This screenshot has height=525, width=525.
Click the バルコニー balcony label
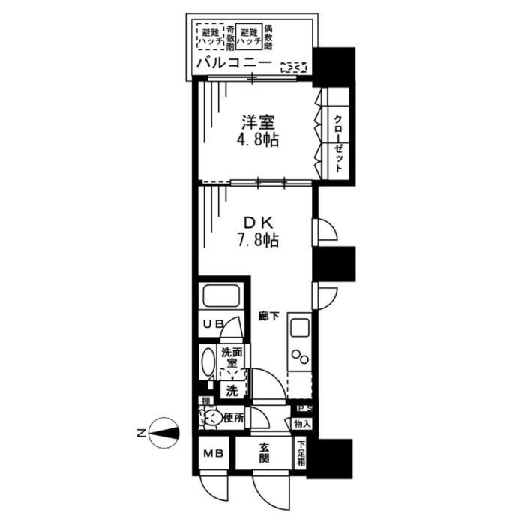click(233, 64)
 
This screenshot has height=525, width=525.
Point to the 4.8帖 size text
click(257, 140)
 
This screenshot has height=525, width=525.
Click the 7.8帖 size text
click(257, 241)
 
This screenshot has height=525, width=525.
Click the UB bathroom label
click(212, 325)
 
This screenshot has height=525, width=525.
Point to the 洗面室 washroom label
click(231, 358)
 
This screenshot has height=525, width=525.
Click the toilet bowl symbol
click(211, 417)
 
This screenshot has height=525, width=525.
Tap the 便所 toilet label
click(233, 418)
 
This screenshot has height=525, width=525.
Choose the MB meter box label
click(213, 454)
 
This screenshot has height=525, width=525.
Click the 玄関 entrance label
click(265, 453)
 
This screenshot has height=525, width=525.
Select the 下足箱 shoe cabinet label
click(301, 453)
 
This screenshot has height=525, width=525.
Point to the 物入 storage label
click(301, 424)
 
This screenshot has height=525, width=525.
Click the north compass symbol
click(163, 433)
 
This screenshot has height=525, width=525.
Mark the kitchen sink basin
click(301, 328)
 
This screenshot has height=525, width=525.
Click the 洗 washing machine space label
click(232, 391)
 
